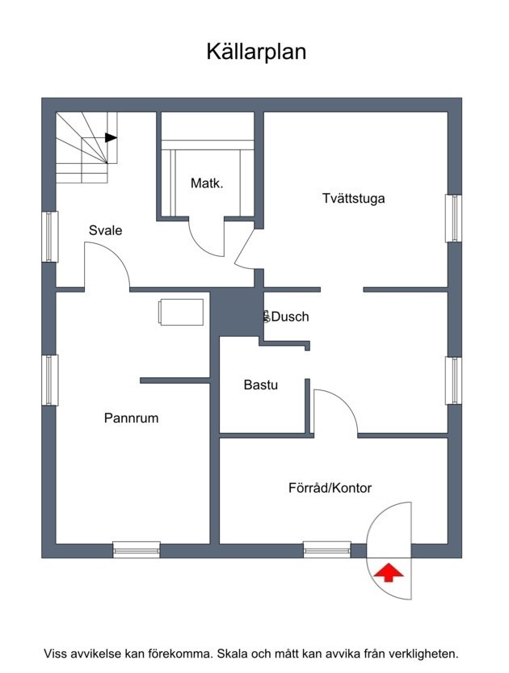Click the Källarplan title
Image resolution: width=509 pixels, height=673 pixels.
coord(256,52)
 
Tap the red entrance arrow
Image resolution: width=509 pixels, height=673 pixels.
coord(389,573)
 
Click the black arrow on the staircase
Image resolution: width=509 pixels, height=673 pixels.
coord(111,137)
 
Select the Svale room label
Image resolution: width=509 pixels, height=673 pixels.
coord(105,230)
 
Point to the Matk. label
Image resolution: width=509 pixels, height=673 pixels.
coord(207,183)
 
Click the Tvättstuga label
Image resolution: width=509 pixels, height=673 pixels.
coord(353,199)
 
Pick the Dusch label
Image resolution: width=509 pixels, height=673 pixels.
coord(290,317)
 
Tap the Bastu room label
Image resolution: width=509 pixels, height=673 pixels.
coord(260,385)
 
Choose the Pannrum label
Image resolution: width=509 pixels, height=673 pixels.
coord(132,418)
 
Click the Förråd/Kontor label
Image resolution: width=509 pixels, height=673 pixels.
coord(330,488)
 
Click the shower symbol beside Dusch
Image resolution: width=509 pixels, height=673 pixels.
coord(267,317)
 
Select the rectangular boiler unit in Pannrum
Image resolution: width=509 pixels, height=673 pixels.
coord(181,312)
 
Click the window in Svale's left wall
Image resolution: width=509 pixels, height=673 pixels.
coord(50,237)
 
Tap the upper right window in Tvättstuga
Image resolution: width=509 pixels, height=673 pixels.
coord(453,218)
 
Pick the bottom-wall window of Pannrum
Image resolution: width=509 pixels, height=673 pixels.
coord(137,550)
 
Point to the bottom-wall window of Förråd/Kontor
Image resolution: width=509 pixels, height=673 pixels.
coord(327,550)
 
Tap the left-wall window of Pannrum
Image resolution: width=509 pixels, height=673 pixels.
coord(50,380)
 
